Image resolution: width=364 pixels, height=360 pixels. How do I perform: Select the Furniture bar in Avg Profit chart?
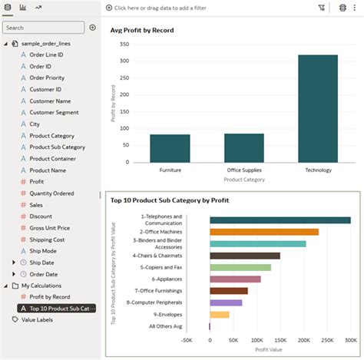pos(170,148)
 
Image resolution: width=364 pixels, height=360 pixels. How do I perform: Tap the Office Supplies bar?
pos(243,147)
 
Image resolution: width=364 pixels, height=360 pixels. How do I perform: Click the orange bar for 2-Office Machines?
pos(263,232)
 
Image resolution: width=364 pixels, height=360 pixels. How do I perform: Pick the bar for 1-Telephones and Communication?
pos(280,220)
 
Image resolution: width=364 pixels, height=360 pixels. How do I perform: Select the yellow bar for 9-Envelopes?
pos(220,315)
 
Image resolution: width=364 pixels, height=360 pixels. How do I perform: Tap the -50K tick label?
pos(185,339)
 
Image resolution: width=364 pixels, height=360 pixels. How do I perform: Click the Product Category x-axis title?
pos(243,180)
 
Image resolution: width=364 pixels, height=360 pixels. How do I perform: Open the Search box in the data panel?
pos(44,28)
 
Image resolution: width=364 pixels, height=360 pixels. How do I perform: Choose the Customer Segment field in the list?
pos(54,112)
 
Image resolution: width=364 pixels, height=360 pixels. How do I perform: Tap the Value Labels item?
pos(37,319)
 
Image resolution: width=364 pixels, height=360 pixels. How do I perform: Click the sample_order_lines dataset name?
pos(53,44)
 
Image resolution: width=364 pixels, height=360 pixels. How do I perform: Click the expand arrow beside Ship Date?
pos(13,263)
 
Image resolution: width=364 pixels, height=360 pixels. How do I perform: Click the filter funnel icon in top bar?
pos(321,7)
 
